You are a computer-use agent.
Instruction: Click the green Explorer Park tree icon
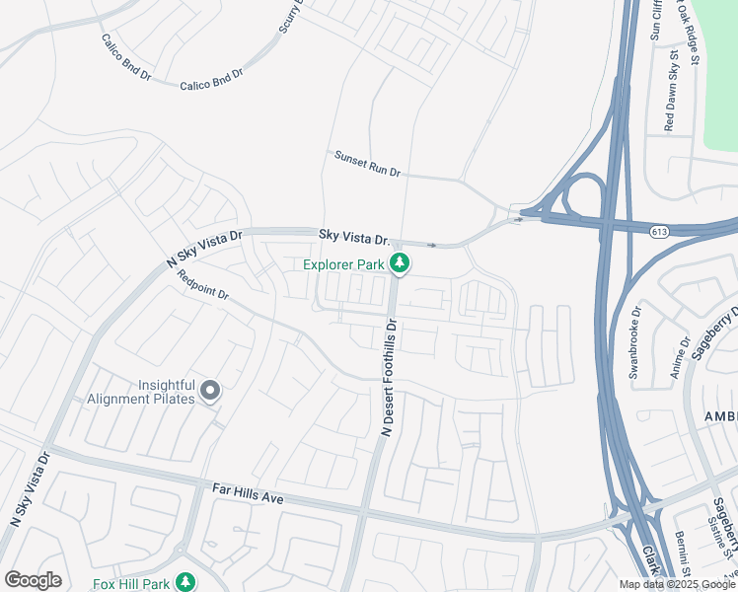coord(400,263)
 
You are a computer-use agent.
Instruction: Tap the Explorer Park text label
coord(344,264)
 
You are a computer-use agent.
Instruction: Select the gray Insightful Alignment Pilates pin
coord(209,392)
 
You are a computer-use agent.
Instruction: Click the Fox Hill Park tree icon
coord(184,583)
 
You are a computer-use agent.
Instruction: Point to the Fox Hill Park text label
coord(131,584)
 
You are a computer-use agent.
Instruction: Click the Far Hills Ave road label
coord(248,494)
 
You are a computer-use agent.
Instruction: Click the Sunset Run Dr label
coord(367,164)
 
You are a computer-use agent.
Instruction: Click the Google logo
coord(33,580)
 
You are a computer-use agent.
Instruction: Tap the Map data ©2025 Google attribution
coord(677,584)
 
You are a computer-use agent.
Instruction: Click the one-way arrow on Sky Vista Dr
coord(432,245)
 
